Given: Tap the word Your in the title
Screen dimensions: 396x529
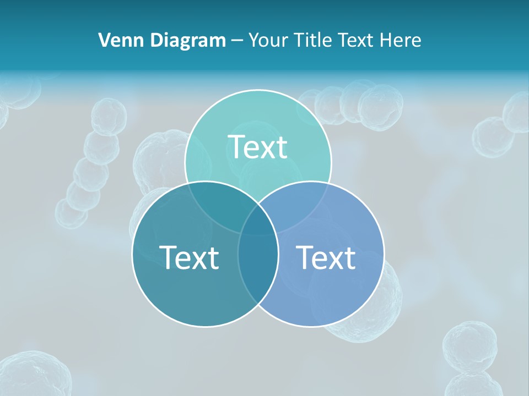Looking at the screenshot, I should coord(267,40).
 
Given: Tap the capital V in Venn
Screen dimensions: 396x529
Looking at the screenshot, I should coord(104,40).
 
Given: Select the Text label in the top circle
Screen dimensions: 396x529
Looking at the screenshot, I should coord(258,147).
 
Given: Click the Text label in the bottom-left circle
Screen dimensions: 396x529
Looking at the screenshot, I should coord(189,257).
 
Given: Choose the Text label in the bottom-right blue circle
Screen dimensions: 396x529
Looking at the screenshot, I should coord(326,257).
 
